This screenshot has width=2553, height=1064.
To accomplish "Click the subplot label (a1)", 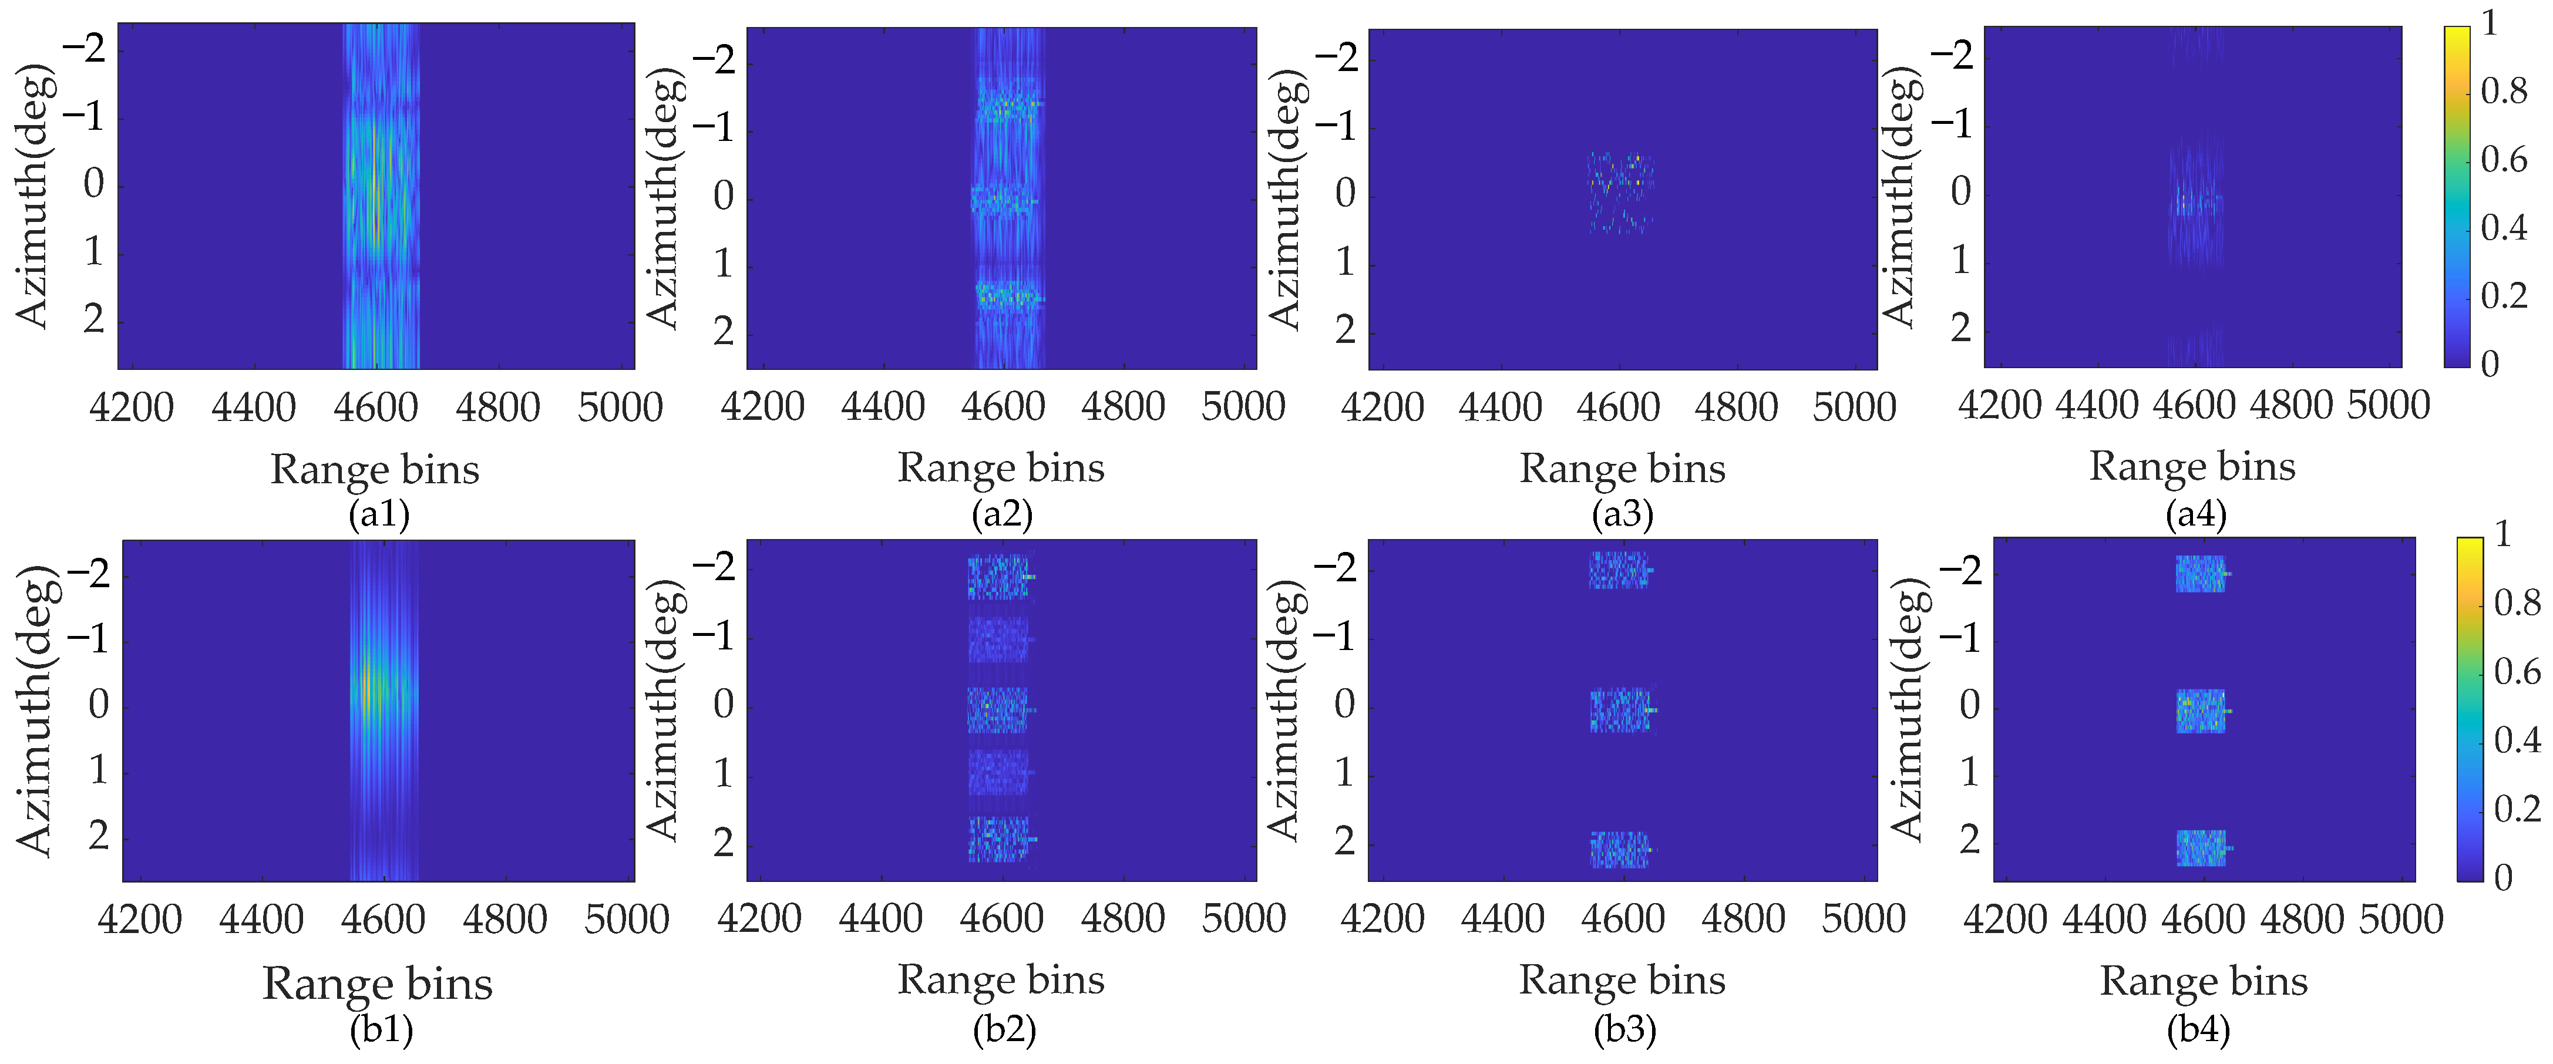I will click(x=379, y=514).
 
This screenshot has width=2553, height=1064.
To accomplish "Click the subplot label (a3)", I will click(x=1622, y=514).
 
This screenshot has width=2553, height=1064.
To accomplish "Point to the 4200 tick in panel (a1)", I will click(x=132, y=407).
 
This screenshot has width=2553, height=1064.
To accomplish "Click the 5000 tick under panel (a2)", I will click(x=1243, y=406).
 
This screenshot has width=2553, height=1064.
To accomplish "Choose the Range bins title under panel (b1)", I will click(x=378, y=984).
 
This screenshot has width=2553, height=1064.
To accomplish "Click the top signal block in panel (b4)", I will click(x=2200, y=574).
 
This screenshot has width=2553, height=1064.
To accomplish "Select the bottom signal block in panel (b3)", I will click(x=1619, y=849).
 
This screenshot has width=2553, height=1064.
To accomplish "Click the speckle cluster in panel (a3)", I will click(x=1619, y=192).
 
